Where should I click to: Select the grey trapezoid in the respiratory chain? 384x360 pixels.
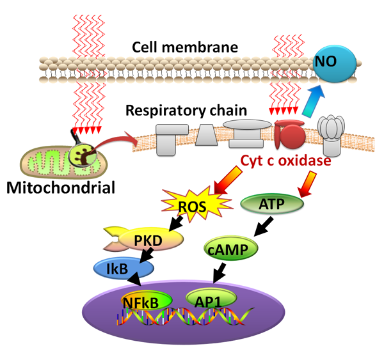pyautogui.click(x=206, y=136)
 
